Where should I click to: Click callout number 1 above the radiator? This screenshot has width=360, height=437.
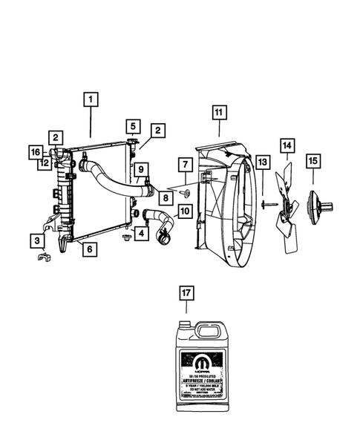point(91,98)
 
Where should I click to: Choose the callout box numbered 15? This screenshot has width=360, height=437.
point(312,160)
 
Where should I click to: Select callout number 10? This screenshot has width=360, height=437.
point(184,211)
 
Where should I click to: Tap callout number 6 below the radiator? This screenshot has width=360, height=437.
point(88,250)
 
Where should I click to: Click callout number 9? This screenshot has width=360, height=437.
point(139,168)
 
